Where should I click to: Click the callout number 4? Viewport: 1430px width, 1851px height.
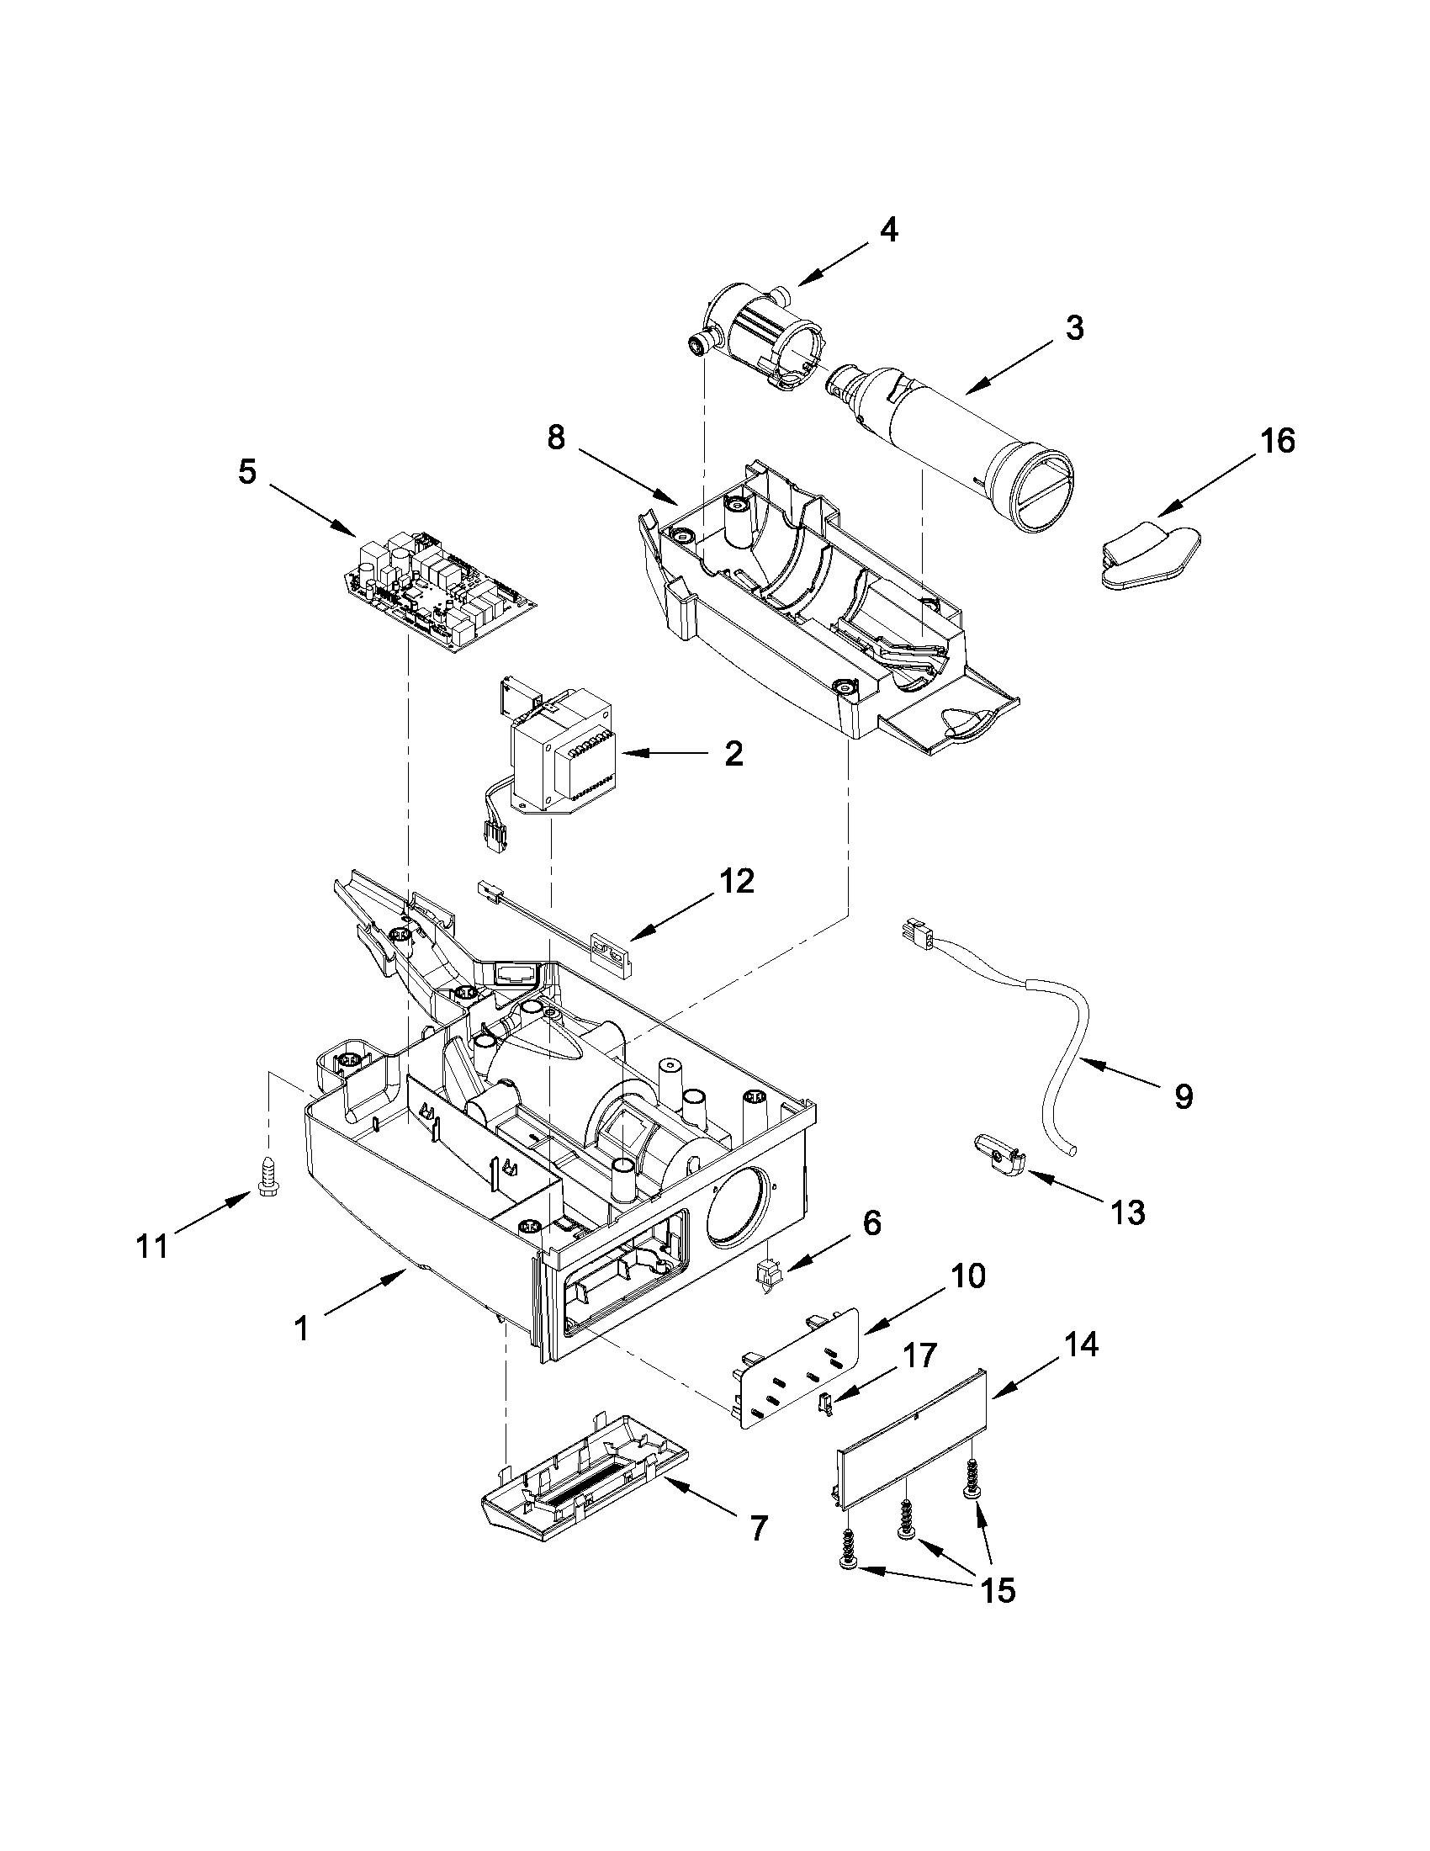pyautogui.click(x=887, y=230)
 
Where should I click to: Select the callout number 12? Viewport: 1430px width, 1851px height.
pyautogui.click(x=736, y=882)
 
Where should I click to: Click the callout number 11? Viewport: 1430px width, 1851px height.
pyautogui.click(x=153, y=1247)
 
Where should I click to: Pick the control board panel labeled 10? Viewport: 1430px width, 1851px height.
pyautogui.click(x=797, y=1371)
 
